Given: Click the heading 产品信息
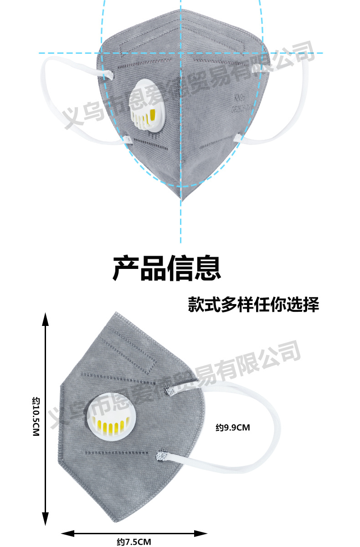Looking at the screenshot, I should coord(167,268).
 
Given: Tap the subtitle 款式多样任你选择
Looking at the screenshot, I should coord(253,304).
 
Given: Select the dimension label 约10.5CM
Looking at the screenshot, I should coord(37,417).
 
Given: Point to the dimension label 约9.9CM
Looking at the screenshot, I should coord(233,428).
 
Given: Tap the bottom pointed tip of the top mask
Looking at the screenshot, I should coord(181,199).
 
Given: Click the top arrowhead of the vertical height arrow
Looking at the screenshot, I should coord(45,319).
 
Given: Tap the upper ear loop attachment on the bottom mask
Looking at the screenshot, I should coord(169,391).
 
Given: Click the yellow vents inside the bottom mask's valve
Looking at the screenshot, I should coord(109,428).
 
